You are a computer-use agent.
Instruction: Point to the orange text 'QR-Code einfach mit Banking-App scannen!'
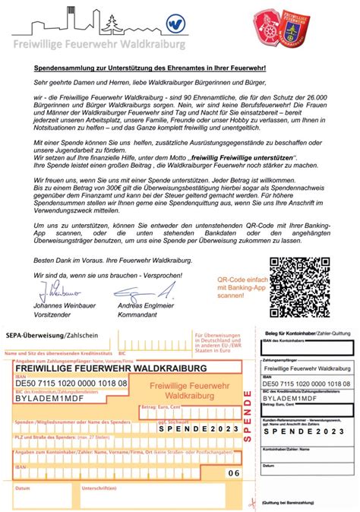[242, 289]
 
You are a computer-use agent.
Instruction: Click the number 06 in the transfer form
[233, 472]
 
